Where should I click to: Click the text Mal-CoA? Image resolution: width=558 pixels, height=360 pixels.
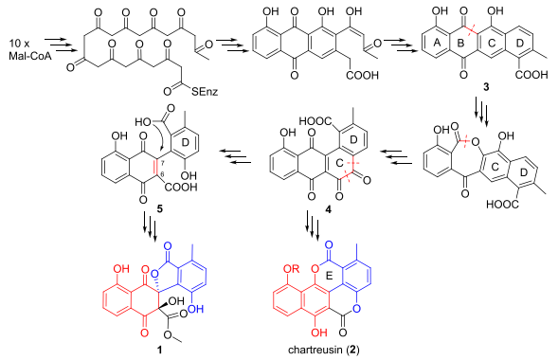coord(30,56)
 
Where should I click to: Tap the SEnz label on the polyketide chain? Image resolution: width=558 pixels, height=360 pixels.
coord(205,92)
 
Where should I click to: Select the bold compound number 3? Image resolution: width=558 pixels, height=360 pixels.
coord(486,87)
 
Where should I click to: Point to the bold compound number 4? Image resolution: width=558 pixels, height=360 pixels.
coord(328,210)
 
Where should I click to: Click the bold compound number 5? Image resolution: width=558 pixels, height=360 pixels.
coord(159,209)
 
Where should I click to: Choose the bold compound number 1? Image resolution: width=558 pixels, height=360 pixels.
coord(159,350)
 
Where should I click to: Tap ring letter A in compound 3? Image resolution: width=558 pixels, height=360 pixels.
coord(438,43)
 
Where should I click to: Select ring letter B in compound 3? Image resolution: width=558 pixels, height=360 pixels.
coord(460,43)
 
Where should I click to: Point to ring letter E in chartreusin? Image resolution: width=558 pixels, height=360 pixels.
coord(329,276)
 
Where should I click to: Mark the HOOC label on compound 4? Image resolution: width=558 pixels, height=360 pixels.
coord(316,121)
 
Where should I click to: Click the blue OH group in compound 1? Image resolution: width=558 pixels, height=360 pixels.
coord(195,309)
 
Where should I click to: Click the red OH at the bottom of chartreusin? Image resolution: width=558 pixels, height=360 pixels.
coord(318,333)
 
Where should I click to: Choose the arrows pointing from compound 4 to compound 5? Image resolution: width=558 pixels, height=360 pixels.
coord(235,156)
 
